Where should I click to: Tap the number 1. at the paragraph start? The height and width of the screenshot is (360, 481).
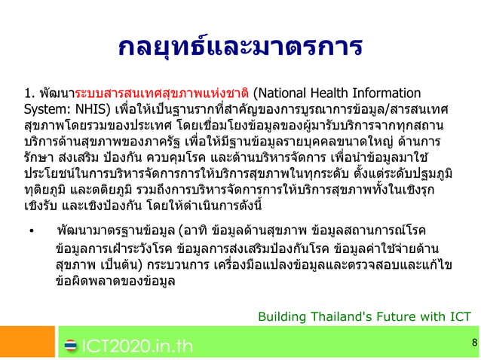(30, 94)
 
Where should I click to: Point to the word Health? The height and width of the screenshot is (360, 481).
(344, 94)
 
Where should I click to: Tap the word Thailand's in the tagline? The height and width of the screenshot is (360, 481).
(340, 316)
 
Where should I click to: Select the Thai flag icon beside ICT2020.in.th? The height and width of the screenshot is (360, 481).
(70, 346)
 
